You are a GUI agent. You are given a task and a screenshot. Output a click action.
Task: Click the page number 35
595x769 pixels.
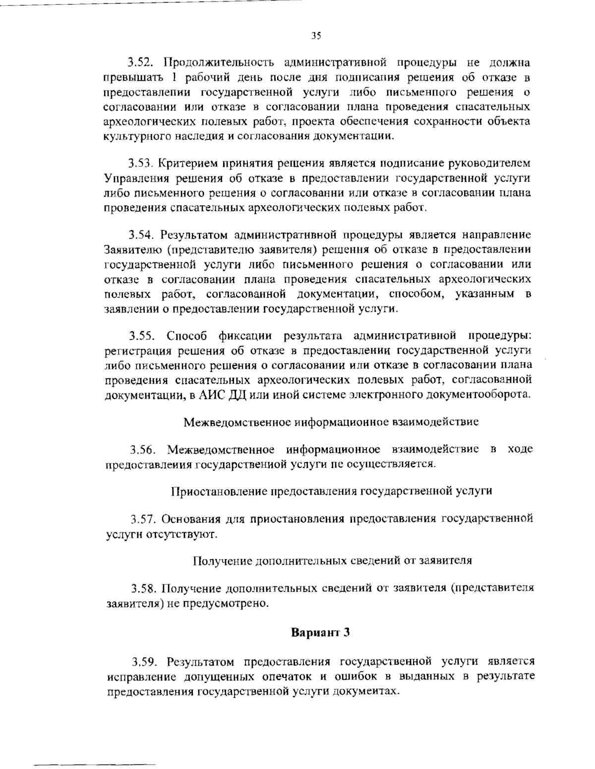(316, 35)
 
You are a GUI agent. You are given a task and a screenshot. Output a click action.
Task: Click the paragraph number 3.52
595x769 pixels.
(143, 64)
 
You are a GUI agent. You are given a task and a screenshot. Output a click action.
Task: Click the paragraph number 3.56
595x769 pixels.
(144, 450)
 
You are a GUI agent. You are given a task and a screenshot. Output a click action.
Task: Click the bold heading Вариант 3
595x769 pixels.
(320, 633)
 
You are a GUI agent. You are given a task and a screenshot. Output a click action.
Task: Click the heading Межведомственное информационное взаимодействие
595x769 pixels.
(331, 422)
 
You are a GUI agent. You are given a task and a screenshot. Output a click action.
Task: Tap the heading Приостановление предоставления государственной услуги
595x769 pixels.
(331, 491)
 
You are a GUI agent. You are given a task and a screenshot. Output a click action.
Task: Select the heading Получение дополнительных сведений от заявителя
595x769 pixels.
(332, 561)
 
